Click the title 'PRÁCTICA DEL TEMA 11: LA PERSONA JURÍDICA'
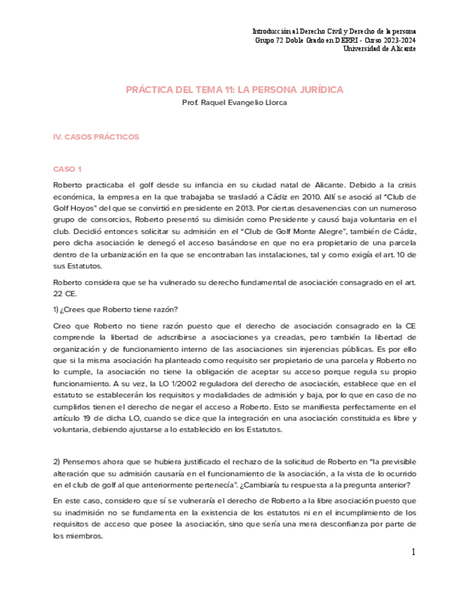pos(234,90)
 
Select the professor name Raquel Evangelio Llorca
pos(234,102)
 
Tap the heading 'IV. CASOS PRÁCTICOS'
pos(96,137)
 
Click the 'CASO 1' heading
pos(68,170)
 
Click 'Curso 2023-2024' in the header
pos(387,41)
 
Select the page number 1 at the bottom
pos(413,553)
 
